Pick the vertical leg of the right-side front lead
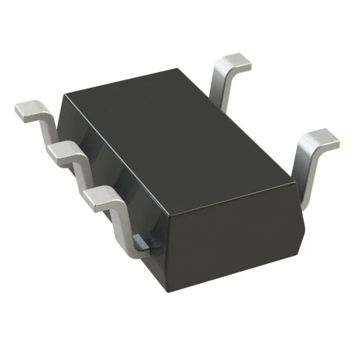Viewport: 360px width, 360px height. (304, 174)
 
